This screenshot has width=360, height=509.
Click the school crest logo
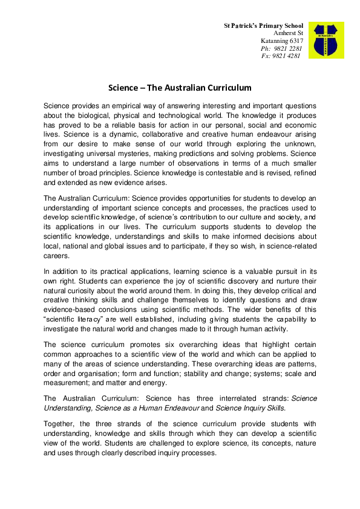point(326,41)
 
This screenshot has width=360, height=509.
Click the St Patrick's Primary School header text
point(263,27)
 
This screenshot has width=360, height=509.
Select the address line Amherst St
point(288,34)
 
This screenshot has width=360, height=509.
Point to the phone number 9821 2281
point(289,48)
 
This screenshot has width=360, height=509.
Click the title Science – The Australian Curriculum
point(180,88)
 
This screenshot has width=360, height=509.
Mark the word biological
point(93,115)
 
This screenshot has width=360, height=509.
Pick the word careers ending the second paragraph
point(57,256)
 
